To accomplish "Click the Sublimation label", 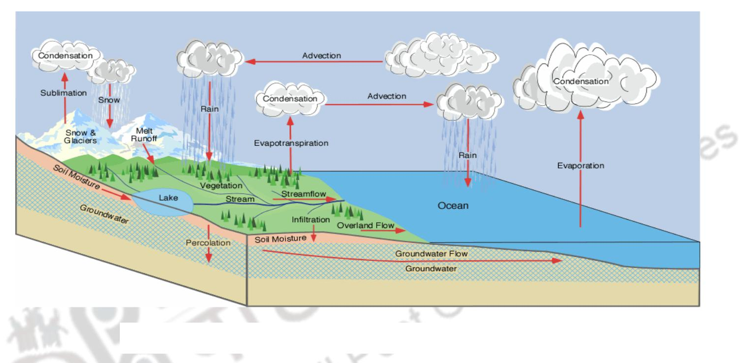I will (x=64, y=93).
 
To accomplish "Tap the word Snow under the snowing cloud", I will (x=109, y=100).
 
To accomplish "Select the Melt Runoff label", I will (x=143, y=135).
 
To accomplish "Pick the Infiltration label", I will (x=311, y=219).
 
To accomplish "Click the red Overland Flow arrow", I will (x=380, y=231).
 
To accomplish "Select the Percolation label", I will (x=208, y=243).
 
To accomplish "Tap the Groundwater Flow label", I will (x=431, y=254).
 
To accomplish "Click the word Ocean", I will (x=453, y=205).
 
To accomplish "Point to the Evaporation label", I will (x=580, y=165).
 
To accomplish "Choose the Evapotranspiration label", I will (x=291, y=143).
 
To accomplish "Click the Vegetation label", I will (x=221, y=186).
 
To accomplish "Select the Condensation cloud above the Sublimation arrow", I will (x=66, y=56).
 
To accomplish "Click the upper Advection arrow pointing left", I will (x=316, y=62).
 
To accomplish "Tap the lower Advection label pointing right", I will (x=387, y=96).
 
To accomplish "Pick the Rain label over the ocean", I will (x=467, y=155).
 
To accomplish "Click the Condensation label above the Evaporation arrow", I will (x=580, y=81).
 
